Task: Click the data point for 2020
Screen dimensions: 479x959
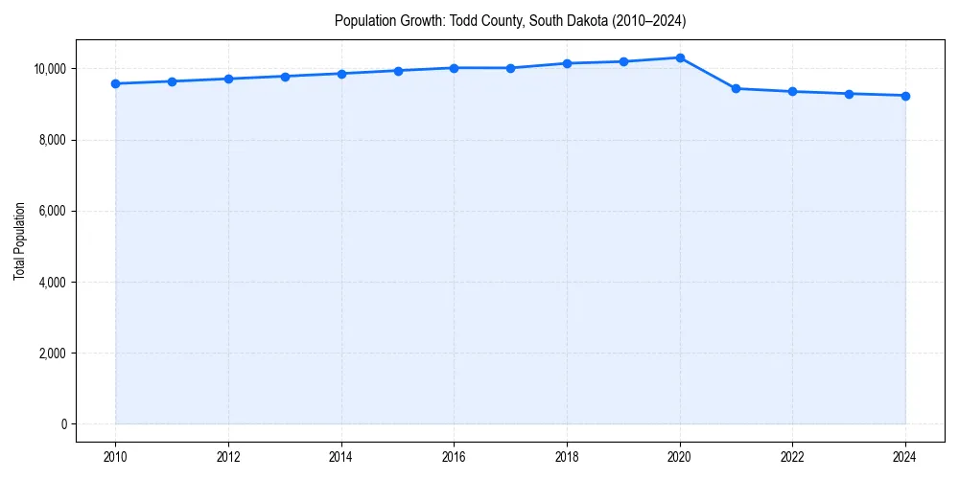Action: tap(680, 57)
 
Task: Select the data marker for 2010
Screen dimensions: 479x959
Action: tap(115, 83)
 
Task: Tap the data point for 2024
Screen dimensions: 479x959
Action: tap(905, 96)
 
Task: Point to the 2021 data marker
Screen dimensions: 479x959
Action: tap(736, 88)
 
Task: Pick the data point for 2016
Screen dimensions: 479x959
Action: tap(454, 68)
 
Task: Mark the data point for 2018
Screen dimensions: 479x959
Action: tap(567, 63)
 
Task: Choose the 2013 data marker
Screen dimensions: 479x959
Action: tap(285, 77)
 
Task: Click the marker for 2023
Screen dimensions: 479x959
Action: tap(849, 94)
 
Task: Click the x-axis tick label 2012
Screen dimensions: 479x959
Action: tap(228, 458)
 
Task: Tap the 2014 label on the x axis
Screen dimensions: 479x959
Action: tap(341, 458)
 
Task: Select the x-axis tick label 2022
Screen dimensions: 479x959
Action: tap(792, 458)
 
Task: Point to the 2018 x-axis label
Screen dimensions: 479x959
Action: tap(567, 458)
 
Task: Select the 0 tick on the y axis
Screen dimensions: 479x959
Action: tap(62, 424)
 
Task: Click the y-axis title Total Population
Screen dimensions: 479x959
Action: tap(19, 240)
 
